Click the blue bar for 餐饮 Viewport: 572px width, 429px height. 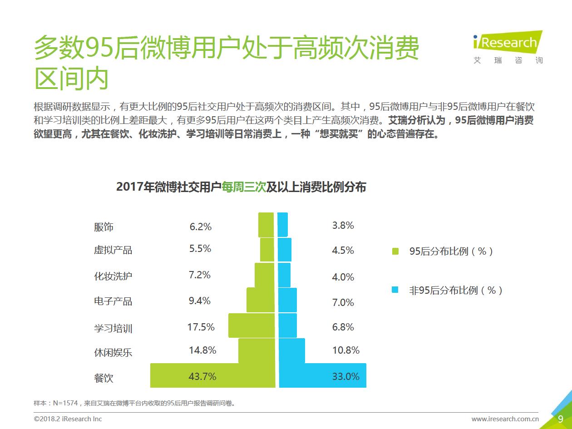pos(322,376)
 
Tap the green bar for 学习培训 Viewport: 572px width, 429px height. pos(251,325)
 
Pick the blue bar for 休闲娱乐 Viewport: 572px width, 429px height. pos(291,350)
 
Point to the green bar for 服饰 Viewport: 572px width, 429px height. pos(266,225)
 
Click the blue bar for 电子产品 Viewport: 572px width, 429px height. pos(287,300)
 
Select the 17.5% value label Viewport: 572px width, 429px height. pos(201,327)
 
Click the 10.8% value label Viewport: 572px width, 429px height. pos(345,350)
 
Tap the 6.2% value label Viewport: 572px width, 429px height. pos(201,227)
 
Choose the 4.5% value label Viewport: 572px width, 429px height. pos(343,250)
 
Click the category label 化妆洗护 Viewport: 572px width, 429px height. pos(113,276)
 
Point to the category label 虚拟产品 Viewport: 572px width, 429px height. pos(113,250)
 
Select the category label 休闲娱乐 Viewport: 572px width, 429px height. pos(113,352)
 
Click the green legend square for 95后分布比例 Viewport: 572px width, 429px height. pos(395,251)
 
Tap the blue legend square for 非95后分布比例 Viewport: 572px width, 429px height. pos(395,290)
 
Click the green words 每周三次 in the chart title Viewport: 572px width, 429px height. pos(243,187)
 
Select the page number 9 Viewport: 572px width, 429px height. pos(560,419)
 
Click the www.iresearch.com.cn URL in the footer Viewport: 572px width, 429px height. pos(505,419)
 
